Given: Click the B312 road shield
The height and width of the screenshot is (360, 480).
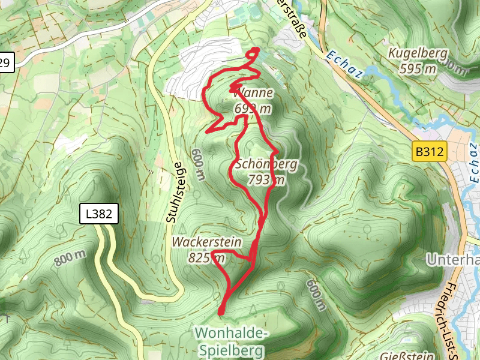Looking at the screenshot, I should click(x=429, y=152).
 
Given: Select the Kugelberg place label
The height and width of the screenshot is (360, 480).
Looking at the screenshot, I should click(x=418, y=53).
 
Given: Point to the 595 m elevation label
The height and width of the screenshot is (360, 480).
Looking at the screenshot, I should click(x=418, y=68).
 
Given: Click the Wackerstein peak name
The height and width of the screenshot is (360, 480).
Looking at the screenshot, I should click(x=206, y=242).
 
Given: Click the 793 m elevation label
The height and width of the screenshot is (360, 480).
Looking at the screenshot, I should click(x=266, y=179).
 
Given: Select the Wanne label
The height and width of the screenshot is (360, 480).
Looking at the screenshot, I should click(x=254, y=93).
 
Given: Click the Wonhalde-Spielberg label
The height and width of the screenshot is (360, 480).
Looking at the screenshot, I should click(x=230, y=340).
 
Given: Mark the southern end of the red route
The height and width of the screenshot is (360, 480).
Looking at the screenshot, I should click(x=221, y=312).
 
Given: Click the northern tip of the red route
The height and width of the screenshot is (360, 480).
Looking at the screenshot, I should click(x=256, y=49).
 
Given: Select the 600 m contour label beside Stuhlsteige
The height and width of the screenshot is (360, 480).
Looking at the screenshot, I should click(x=199, y=165).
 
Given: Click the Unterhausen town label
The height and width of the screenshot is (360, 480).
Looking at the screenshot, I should click(x=453, y=260).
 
